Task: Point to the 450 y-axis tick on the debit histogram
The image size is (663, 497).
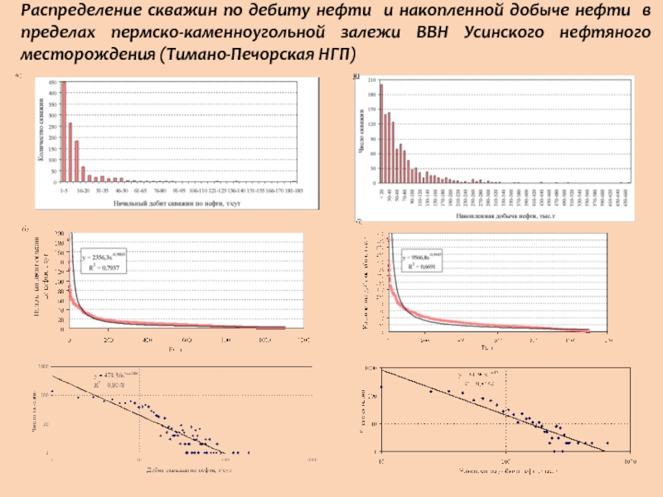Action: click(x=53, y=84)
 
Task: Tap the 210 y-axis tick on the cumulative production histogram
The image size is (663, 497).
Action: click(x=372, y=80)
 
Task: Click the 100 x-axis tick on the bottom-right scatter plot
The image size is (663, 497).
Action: click(x=505, y=458)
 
